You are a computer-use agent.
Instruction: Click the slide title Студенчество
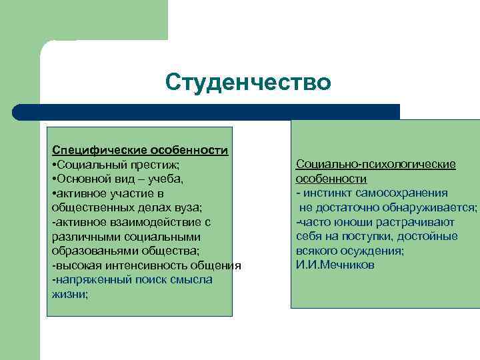click(248, 83)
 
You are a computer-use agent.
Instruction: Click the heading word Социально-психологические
click(376, 165)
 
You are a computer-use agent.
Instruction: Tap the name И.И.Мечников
click(335, 265)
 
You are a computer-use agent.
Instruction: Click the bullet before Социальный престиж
click(54, 165)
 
